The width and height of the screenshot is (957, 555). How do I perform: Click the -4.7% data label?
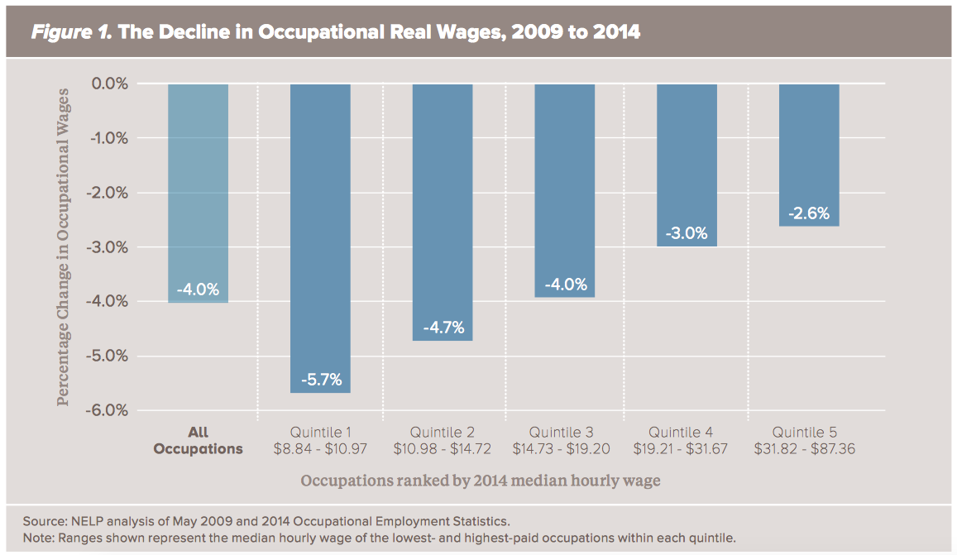[443, 328]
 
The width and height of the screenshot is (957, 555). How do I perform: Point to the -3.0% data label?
[687, 233]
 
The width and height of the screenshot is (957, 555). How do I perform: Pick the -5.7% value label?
[320, 380]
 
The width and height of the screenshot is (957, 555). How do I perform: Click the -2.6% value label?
[809, 213]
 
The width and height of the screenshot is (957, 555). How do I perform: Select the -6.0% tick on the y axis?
[109, 411]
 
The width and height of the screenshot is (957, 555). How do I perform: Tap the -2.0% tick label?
[109, 193]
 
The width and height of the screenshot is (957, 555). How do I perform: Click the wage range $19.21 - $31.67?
[687, 449]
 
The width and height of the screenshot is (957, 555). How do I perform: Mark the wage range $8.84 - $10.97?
[320, 449]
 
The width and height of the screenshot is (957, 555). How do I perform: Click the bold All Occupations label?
[198, 441]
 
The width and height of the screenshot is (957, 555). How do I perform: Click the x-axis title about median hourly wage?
[480, 481]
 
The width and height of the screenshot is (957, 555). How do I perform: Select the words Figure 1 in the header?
[66, 33]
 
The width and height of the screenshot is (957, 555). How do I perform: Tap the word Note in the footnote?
[38, 538]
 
